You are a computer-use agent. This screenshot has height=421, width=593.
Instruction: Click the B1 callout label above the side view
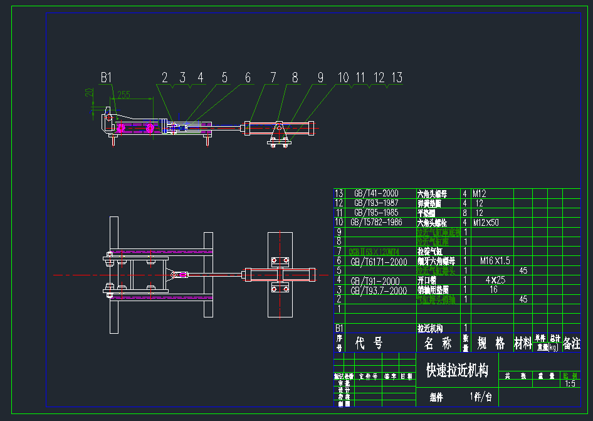[x=106, y=78]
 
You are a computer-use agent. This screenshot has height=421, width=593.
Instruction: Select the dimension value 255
[x=123, y=95]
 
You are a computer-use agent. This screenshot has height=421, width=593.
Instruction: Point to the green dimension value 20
[x=90, y=92]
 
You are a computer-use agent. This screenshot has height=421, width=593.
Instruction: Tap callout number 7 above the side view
[x=273, y=78]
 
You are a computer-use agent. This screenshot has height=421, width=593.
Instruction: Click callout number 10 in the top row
[x=343, y=78]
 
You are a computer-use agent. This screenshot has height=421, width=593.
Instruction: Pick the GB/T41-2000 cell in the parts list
[x=376, y=194]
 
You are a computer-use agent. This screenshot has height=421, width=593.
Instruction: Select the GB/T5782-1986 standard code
[x=376, y=222]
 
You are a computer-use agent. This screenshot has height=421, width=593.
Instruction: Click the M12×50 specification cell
[x=486, y=222]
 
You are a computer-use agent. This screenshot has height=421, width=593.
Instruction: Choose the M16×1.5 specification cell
[x=495, y=260]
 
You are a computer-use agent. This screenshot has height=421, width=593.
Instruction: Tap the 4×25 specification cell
[x=495, y=280]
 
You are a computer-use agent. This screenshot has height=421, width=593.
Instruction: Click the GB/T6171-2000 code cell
[x=379, y=261]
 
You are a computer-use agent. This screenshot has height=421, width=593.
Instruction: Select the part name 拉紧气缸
[x=431, y=251]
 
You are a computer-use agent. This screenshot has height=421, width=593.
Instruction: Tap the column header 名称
[x=438, y=343]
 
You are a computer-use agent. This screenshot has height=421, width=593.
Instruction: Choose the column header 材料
[x=523, y=343]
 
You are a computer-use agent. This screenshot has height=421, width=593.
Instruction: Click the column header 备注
[x=571, y=343]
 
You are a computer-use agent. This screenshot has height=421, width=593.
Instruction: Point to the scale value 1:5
[x=570, y=383]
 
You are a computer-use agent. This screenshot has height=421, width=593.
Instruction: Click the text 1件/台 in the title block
[x=481, y=397]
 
